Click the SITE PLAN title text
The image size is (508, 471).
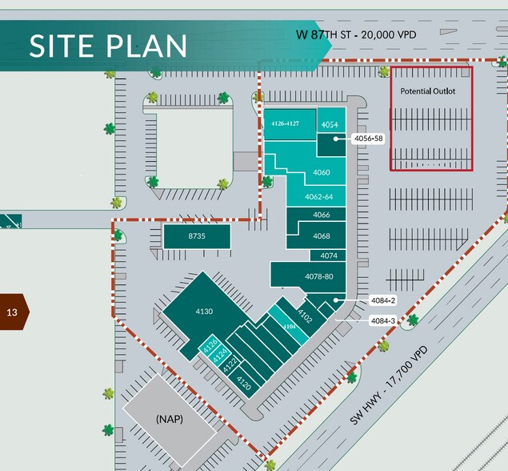click(x=108, y=46)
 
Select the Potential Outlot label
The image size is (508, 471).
click(x=428, y=91)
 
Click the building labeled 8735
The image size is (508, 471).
click(x=197, y=236)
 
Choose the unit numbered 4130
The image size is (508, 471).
click(x=204, y=311)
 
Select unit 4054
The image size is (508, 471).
click(x=330, y=125)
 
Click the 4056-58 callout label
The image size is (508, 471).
click(x=368, y=139)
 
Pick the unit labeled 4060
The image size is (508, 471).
click(x=322, y=172)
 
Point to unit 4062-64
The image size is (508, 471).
click(x=318, y=197)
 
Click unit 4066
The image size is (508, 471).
click(x=322, y=215)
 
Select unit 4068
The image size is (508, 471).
click(x=322, y=235)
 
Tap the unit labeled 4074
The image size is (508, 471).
click(x=329, y=256)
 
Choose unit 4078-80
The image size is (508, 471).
click(x=318, y=276)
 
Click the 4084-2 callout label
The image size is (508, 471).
click(x=383, y=300)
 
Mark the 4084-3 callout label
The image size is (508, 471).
click(x=383, y=320)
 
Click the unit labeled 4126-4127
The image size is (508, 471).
click(x=285, y=123)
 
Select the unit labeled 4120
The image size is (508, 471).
click(x=245, y=386)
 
